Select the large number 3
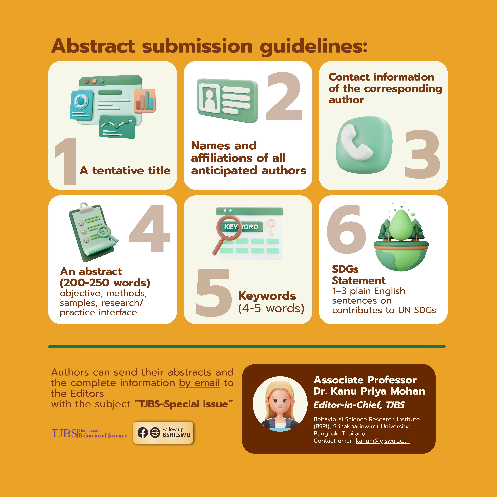(x=422, y=154)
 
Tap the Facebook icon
(x=143, y=433)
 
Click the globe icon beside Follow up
(x=155, y=433)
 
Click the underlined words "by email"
(x=199, y=383)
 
